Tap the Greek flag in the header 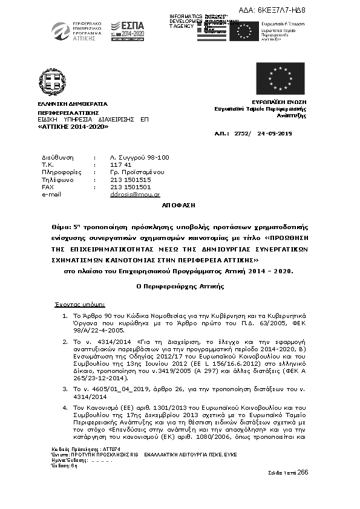(211, 31)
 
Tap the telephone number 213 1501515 (131, 180)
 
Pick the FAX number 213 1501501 (131, 187)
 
